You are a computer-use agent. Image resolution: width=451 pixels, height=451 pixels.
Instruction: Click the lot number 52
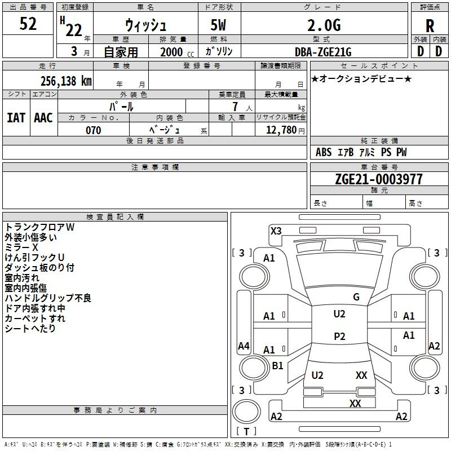point(28,23)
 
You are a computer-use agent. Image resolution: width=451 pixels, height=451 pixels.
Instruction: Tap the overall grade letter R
point(430,26)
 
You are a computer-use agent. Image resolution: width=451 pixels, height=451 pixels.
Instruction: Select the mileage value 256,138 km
point(66,81)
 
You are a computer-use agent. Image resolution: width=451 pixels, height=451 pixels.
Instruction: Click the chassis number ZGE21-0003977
point(379,179)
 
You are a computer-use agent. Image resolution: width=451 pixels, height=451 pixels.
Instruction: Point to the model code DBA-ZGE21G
point(323,52)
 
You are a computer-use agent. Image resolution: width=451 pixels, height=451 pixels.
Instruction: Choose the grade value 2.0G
point(324,25)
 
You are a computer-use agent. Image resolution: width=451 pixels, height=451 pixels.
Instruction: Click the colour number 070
point(94,130)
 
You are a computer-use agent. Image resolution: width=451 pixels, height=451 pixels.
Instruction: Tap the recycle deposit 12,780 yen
point(285,130)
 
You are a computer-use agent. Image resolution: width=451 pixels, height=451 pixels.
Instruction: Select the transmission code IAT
point(16,118)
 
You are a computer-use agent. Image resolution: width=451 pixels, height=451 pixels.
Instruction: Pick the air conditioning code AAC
point(43,118)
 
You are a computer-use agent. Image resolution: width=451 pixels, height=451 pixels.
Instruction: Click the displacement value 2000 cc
point(177,52)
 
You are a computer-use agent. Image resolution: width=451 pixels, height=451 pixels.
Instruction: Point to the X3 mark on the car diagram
point(276,231)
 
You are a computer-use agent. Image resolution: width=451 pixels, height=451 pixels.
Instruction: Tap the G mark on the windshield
point(356,297)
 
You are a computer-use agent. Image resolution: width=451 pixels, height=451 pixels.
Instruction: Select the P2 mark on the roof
point(339,336)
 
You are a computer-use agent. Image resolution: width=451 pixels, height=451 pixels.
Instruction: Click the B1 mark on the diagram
point(277,365)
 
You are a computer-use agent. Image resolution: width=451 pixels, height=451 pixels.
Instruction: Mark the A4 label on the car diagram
point(244,346)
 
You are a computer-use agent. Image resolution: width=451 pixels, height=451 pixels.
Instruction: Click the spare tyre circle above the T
point(246,412)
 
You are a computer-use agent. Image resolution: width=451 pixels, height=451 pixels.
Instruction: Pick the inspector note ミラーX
point(21,247)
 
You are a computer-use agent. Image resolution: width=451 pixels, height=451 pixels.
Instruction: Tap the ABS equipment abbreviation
point(324,152)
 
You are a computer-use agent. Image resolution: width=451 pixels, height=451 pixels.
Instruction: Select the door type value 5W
point(218,25)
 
